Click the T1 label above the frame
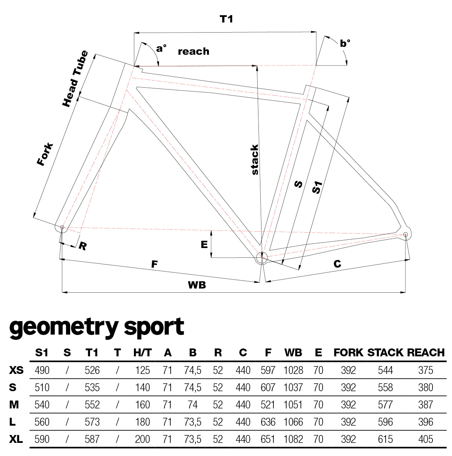226,19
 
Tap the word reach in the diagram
193,51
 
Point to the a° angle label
161,48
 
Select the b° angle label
345,43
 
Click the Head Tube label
75,79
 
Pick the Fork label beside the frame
45,154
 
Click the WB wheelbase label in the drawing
197,285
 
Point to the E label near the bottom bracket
204,245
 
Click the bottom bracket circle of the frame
261,257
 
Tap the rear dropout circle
405,235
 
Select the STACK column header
385,353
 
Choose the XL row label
16,439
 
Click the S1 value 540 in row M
42,405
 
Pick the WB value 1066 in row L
293,422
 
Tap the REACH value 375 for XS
425,370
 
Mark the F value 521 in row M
268,405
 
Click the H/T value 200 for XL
143,439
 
